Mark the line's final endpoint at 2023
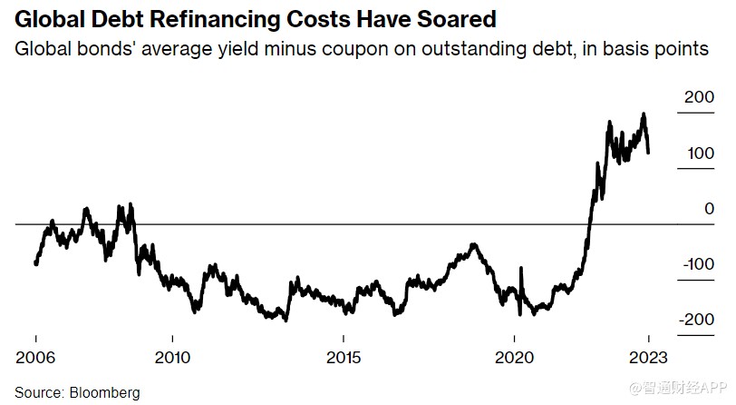[x=649, y=153]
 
